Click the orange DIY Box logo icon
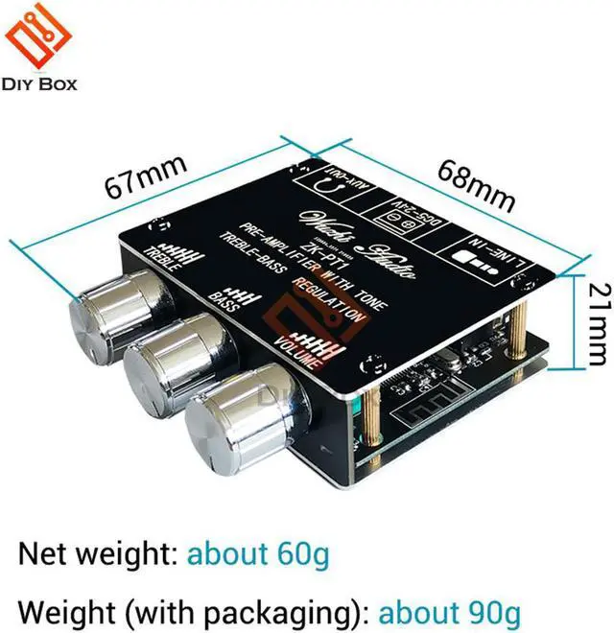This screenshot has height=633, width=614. coord(38,37)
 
